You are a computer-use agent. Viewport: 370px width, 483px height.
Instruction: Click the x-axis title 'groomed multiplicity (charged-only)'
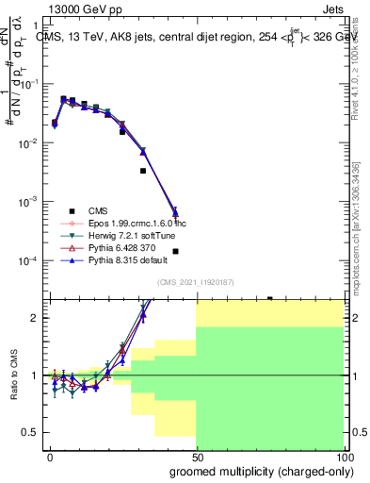[257, 471]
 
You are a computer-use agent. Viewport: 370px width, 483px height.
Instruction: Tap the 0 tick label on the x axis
[49, 456]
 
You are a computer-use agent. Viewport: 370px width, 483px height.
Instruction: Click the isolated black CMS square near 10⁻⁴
[176, 251]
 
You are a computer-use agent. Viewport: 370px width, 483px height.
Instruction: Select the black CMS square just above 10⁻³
[142, 171]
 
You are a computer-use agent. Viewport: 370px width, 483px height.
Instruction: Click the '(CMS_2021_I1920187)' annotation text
[197, 281]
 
